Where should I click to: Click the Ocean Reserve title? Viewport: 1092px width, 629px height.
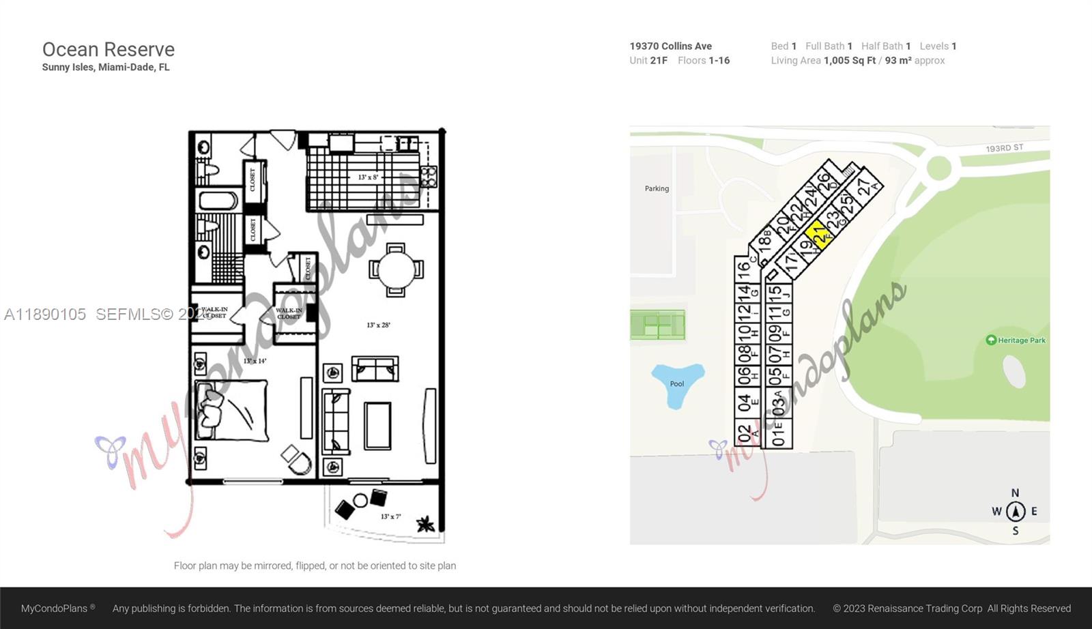pos(109,50)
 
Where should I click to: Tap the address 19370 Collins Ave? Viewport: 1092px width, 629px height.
pos(670,46)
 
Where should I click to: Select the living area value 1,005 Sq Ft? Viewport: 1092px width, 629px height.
pos(849,61)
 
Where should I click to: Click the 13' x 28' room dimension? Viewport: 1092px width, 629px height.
pos(378,325)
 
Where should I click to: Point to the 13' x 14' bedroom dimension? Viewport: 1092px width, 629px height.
pos(255,361)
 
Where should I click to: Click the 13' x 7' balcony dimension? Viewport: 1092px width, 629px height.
pos(390,516)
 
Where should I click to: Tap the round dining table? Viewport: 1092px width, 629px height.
pos(396,270)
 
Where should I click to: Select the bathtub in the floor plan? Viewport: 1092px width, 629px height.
pos(218,201)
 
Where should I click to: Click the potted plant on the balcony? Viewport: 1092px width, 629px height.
pos(426,524)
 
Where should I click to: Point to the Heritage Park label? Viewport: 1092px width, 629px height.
pos(1021,340)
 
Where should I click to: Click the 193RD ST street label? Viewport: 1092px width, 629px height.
pos(1004,148)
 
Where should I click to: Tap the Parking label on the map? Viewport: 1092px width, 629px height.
pos(657,188)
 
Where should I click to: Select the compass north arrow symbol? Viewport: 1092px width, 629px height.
pos(1016,510)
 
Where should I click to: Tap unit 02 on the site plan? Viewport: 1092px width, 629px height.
pos(744,433)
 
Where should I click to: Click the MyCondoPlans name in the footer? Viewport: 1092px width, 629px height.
pos(55,609)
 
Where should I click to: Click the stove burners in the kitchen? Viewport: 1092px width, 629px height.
pos(428,177)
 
